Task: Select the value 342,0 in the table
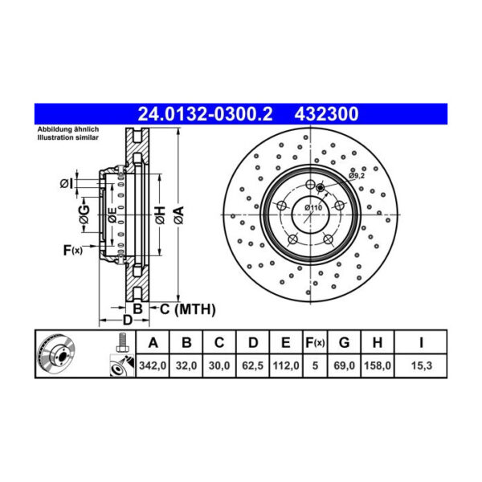pyautogui.click(x=153, y=366)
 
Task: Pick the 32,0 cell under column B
pyautogui.click(x=186, y=366)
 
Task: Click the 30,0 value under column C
pyautogui.click(x=219, y=366)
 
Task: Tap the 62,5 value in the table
pyautogui.click(x=252, y=366)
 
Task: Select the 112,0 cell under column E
pyautogui.click(x=286, y=366)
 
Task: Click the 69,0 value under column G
pyautogui.click(x=344, y=366)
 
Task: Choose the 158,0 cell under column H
pyautogui.click(x=376, y=366)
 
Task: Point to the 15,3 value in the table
pyautogui.click(x=421, y=366)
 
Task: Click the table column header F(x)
pyautogui.click(x=315, y=343)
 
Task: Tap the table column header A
pyautogui.click(x=153, y=343)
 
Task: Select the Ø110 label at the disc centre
pyautogui.click(x=312, y=208)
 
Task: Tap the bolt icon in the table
pyautogui.click(x=121, y=343)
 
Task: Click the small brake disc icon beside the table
pyautogui.click(x=58, y=353)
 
